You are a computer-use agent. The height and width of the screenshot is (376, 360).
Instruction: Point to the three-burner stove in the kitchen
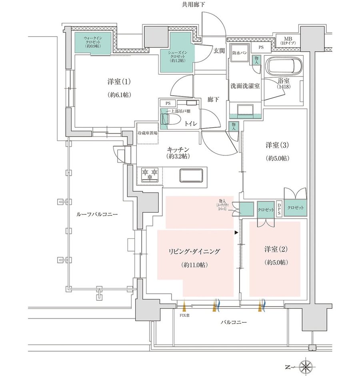coord(150,175)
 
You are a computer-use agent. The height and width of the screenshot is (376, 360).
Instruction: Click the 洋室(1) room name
coord(119,82)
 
